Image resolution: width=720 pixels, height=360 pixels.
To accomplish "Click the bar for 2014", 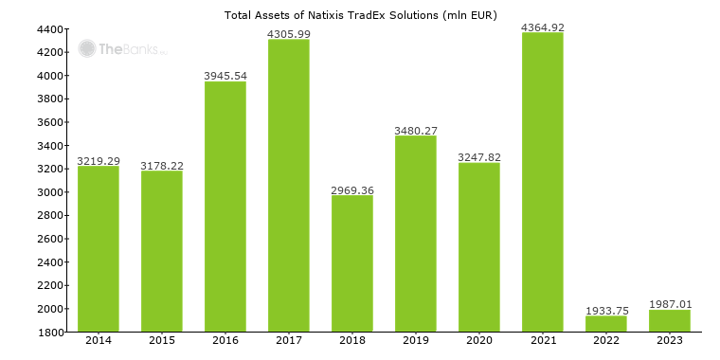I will (x=99, y=249).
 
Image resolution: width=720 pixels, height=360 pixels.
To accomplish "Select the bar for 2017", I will (x=289, y=186).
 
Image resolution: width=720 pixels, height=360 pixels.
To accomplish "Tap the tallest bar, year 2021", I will (x=543, y=182).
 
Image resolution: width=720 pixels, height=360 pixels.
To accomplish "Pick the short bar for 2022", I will (x=606, y=324).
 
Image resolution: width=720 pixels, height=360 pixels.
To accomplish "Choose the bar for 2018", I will (x=352, y=263).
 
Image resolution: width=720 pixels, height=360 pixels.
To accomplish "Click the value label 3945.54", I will (x=225, y=76).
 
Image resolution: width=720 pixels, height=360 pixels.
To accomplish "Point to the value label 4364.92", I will (x=543, y=27).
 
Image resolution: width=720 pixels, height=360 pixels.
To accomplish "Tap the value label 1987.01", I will (x=670, y=304).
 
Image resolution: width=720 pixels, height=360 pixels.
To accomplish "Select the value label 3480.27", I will (x=416, y=131).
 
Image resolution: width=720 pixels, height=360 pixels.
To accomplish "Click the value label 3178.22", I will (x=162, y=166).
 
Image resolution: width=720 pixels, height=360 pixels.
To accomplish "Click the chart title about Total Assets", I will (x=360, y=15).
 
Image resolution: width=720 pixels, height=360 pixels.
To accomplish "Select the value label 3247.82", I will (x=479, y=157).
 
